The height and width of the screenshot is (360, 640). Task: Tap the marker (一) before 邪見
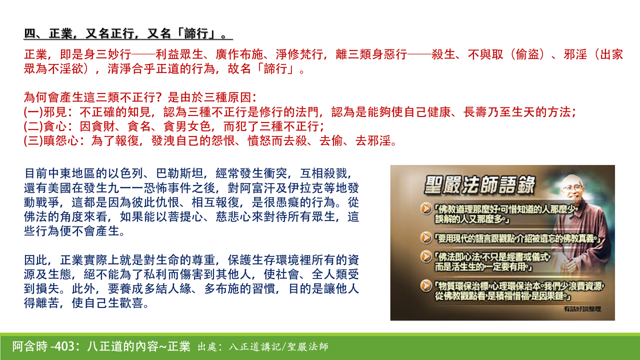click(32, 112)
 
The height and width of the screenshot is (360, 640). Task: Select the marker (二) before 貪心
click(32, 126)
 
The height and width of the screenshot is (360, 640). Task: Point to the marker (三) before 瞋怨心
click(32, 140)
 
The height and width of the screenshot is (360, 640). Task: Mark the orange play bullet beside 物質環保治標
click(425, 285)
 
